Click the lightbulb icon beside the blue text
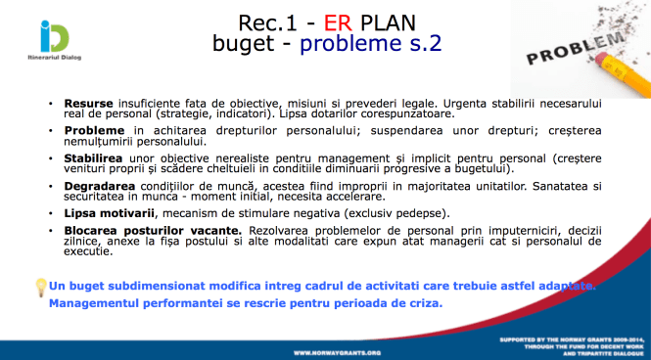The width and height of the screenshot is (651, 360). coord(40,286)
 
